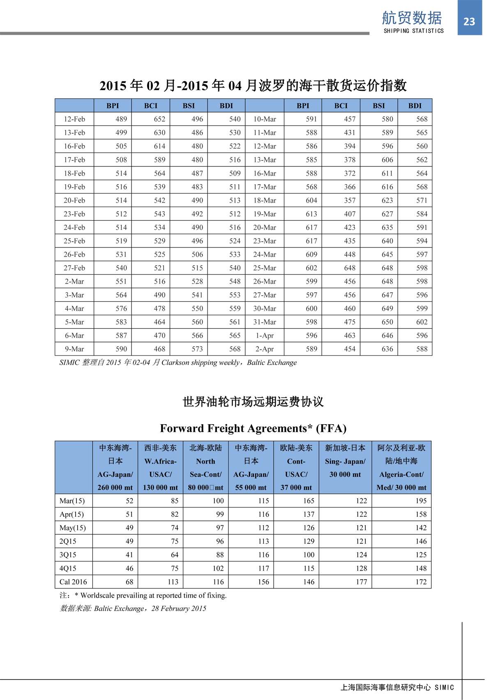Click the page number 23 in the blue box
click(x=469, y=21)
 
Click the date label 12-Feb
click(x=74, y=119)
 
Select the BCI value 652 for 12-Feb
click(x=159, y=119)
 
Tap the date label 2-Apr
click(x=265, y=349)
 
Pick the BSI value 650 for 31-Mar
click(x=387, y=322)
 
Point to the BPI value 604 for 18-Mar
click(x=311, y=200)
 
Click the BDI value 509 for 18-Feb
click(x=235, y=173)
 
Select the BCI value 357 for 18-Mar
click(x=350, y=200)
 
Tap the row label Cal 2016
click(x=73, y=582)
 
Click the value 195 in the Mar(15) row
click(x=421, y=501)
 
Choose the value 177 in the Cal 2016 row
click(x=361, y=582)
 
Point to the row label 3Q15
click(x=68, y=554)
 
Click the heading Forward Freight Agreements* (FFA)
click(x=253, y=428)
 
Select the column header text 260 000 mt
click(x=115, y=487)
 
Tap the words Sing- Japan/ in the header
click(x=345, y=461)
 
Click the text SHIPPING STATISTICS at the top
click(x=414, y=31)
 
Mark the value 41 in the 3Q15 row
click(x=129, y=554)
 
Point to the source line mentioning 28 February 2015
click(x=133, y=608)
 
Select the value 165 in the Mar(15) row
click(x=309, y=501)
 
